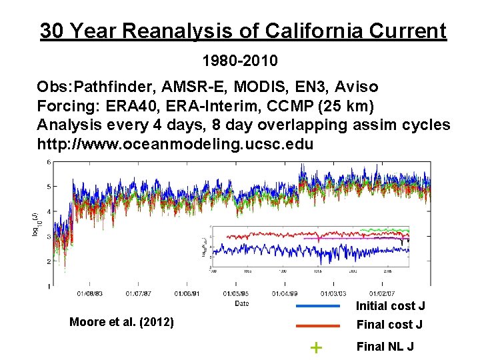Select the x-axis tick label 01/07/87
point(138,293)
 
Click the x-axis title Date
point(242,303)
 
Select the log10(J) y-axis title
point(34,223)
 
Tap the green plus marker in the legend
point(317,347)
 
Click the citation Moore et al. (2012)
point(122,323)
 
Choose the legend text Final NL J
point(385,346)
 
